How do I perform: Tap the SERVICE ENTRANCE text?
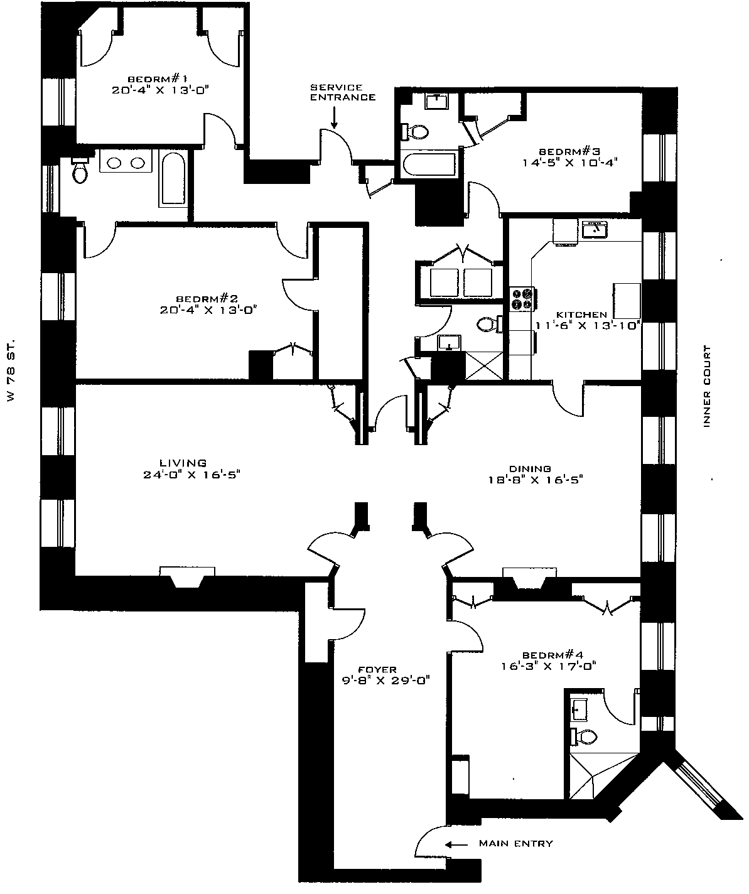(x=343, y=92)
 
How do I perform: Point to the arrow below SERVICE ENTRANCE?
(x=334, y=118)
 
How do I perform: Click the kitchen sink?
(x=594, y=230)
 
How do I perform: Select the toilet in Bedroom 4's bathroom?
(x=587, y=736)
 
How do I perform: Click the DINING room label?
(x=530, y=468)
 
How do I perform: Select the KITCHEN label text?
(x=581, y=315)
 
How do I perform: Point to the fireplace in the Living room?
(x=186, y=578)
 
